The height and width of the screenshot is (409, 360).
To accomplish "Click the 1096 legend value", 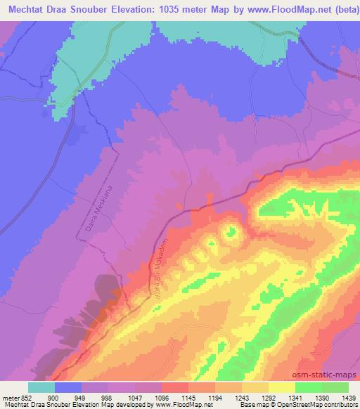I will (x=162, y=397).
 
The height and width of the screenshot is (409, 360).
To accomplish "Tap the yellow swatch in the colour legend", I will (x=281, y=387).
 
